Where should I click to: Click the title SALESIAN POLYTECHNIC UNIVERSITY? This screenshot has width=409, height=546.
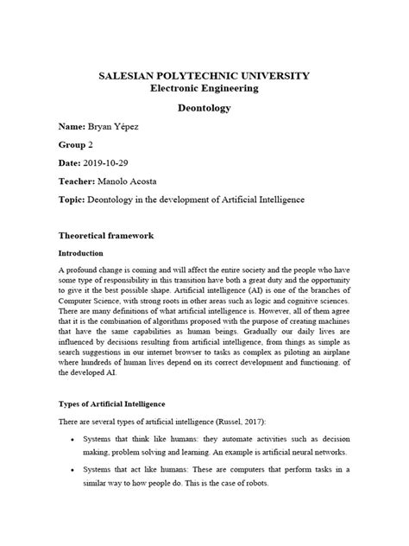pos(204,76)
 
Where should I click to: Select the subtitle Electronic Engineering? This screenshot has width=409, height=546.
pos(204,89)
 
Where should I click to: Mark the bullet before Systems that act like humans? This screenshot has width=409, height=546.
pos(71,469)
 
